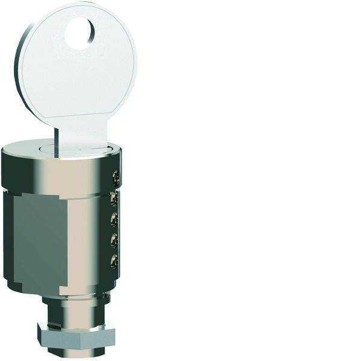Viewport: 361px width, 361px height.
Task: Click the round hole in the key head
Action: point(80,33)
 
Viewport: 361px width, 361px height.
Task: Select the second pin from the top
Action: point(114,199)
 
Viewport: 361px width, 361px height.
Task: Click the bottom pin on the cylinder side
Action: point(114,261)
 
